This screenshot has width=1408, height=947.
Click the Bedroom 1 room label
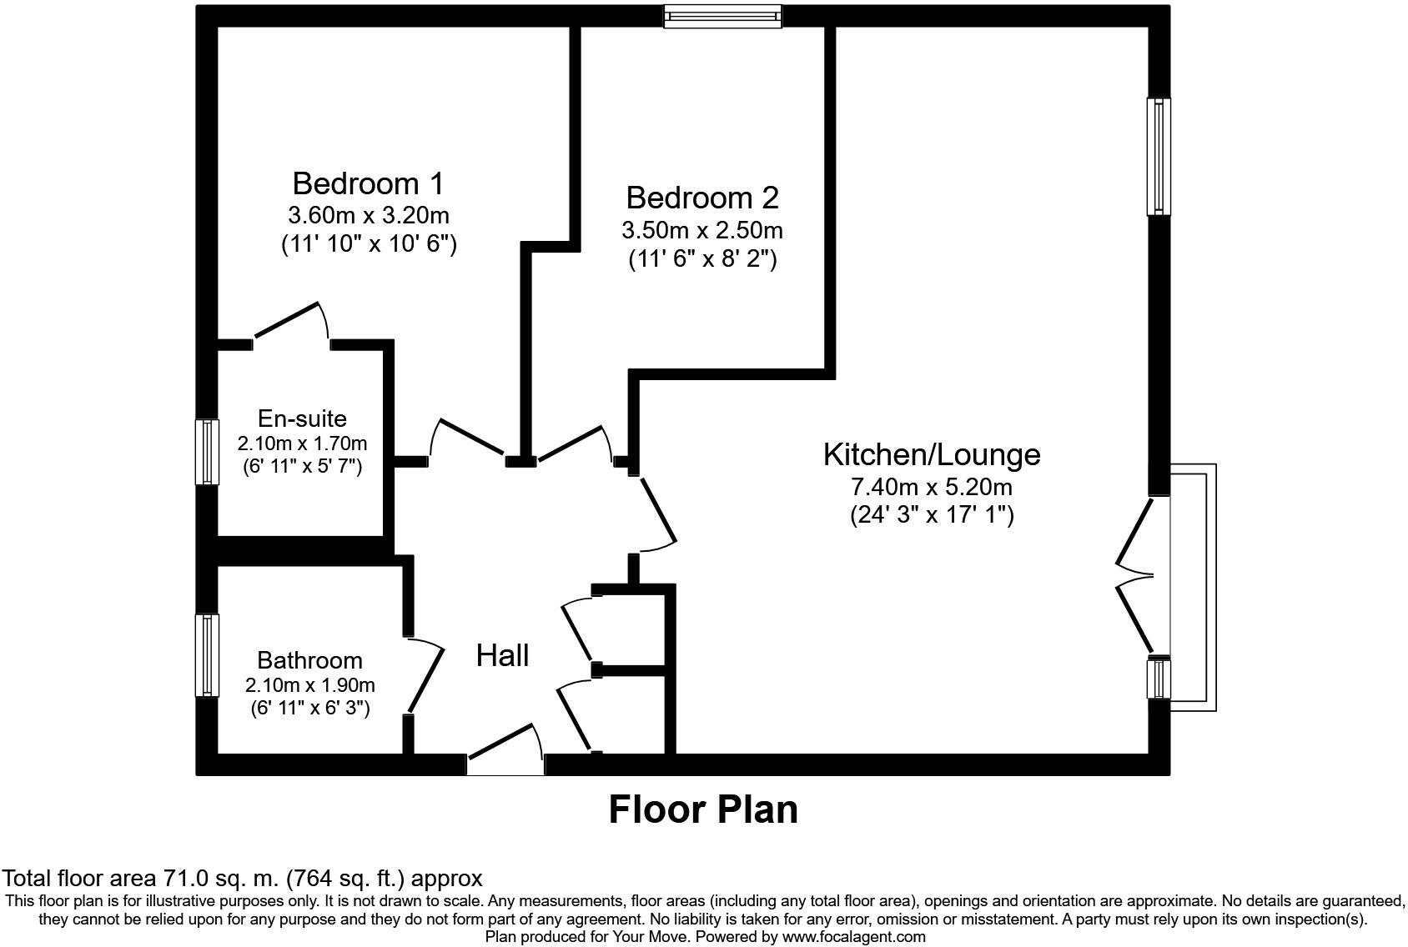coord(369,183)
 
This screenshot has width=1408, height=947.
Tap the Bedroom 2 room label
coord(702,198)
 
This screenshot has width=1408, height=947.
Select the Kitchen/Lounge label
coord(932,455)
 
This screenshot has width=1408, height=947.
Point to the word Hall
coord(502,655)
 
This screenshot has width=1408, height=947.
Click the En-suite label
coord(302,418)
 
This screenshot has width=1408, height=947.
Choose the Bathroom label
coord(310,660)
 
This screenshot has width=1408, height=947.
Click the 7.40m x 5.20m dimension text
coord(932,487)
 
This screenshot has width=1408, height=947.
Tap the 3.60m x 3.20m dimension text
coord(369,216)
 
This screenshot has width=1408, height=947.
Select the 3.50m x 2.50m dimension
coord(702,231)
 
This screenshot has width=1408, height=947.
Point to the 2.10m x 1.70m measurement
coord(302,443)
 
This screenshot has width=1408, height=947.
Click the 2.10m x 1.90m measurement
coord(310,684)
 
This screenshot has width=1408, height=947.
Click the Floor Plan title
coord(702,809)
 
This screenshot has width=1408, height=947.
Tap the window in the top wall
coord(723,17)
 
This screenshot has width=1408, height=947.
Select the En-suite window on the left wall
coord(207,452)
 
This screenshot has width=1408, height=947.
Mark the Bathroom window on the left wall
coord(207,655)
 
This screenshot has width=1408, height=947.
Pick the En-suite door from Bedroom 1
coord(292,322)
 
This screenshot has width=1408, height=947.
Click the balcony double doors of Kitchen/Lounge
coord(1135,575)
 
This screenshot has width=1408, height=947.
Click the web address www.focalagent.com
coord(853,936)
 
